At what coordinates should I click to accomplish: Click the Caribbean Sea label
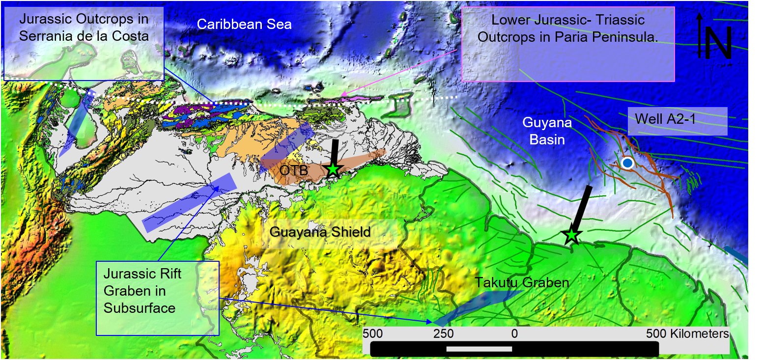click(244, 24)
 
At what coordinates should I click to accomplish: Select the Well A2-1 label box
click(677, 121)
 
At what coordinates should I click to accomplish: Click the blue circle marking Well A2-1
click(627, 163)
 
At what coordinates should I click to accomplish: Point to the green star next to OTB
click(333, 169)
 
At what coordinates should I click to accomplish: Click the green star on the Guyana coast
click(571, 236)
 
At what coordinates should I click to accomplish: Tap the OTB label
click(294, 170)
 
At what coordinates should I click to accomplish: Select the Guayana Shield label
click(320, 232)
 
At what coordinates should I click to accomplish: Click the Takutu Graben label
click(521, 282)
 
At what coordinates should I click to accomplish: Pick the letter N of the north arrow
click(719, 42)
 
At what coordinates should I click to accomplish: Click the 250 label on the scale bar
click(443, 333)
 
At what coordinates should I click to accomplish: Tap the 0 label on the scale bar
click(514, 333)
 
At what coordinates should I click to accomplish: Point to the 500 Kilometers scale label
click(687, 333)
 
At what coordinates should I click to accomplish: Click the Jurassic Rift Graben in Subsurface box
click(157, 298)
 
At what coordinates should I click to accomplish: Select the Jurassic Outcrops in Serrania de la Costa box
click(84, 43)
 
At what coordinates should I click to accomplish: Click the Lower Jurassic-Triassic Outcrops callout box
click(568, 44)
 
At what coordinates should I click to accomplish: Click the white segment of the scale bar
click(479, 349)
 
